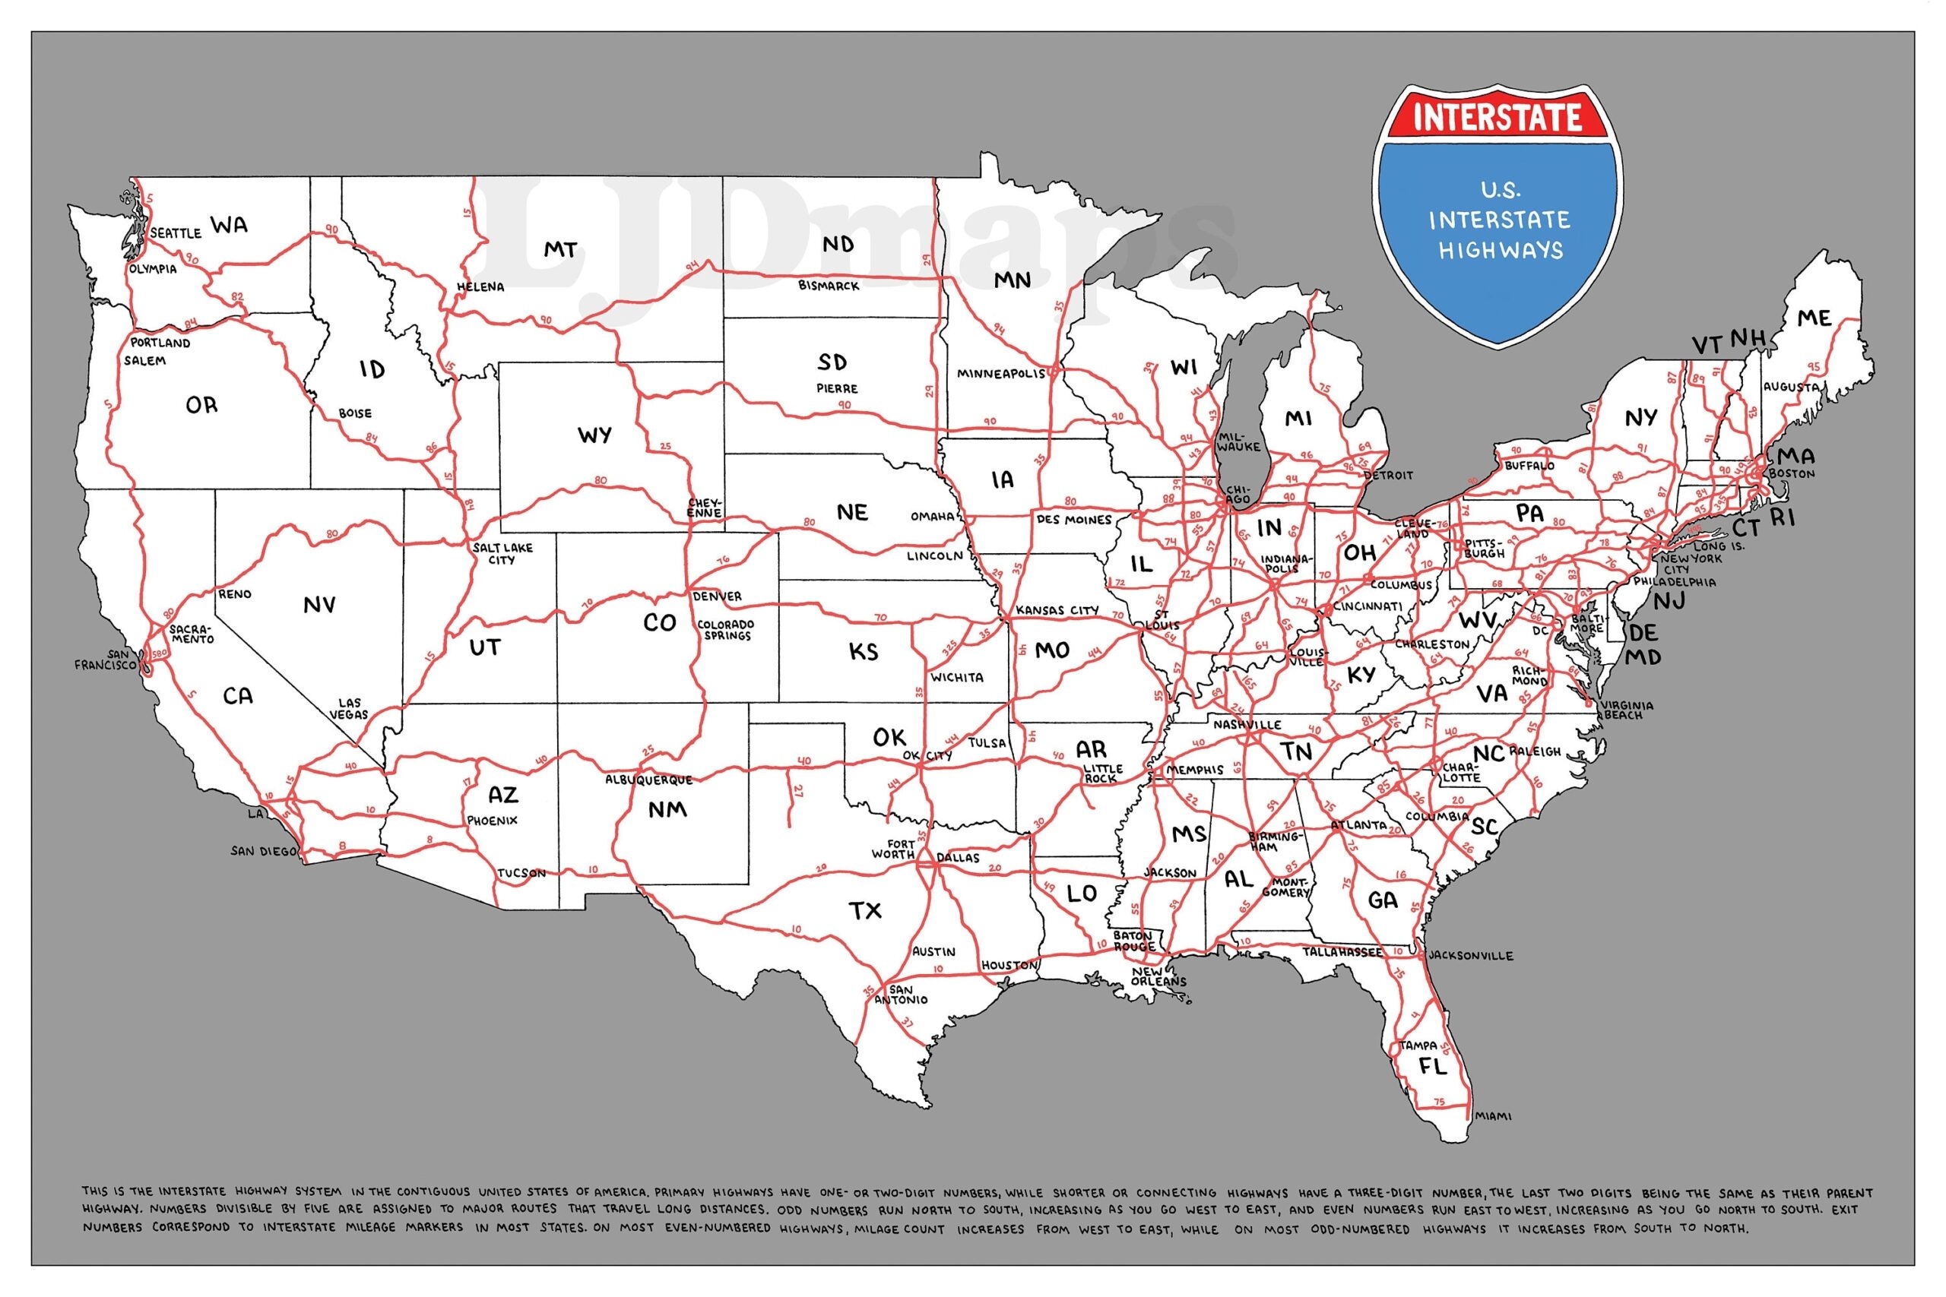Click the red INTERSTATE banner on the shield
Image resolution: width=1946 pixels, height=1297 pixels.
[x=1497, y=116]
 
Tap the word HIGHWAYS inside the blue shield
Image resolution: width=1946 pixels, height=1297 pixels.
[x=1500, y=251]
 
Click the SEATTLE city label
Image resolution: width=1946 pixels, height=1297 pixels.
[x=176, y=233]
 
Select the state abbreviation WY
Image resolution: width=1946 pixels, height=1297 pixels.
[x=594, y=435]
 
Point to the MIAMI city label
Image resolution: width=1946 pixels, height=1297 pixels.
[x=1493, y=1116]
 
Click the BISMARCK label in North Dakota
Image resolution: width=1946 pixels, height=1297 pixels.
[x=829, y=286]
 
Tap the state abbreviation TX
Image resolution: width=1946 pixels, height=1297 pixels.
[x=866, y=912]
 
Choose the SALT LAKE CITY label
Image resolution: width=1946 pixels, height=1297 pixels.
[x=502, y=553]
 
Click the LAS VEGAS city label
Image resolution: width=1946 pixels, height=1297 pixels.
[x=349, y=708]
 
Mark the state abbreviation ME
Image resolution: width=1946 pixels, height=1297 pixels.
[x=1814, y=318]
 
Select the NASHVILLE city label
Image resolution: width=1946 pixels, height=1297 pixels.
[x=1247, y=725]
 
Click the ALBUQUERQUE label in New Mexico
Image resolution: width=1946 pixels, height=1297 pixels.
[x=648, y=780]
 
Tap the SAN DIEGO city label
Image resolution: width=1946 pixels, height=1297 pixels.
[x=262, y=851]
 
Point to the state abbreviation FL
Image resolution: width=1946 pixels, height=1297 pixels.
[x=1433, y=1066]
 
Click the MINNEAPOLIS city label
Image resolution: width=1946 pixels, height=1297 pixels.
[x=1001, y=373]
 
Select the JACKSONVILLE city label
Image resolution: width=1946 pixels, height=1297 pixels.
[x=1470, y=955]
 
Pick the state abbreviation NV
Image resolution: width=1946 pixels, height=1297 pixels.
[x=319, y=606]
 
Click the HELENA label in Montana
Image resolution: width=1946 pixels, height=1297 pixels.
[x=480, y=287]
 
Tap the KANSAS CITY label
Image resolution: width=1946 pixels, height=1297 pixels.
[x=1057, y=610]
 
